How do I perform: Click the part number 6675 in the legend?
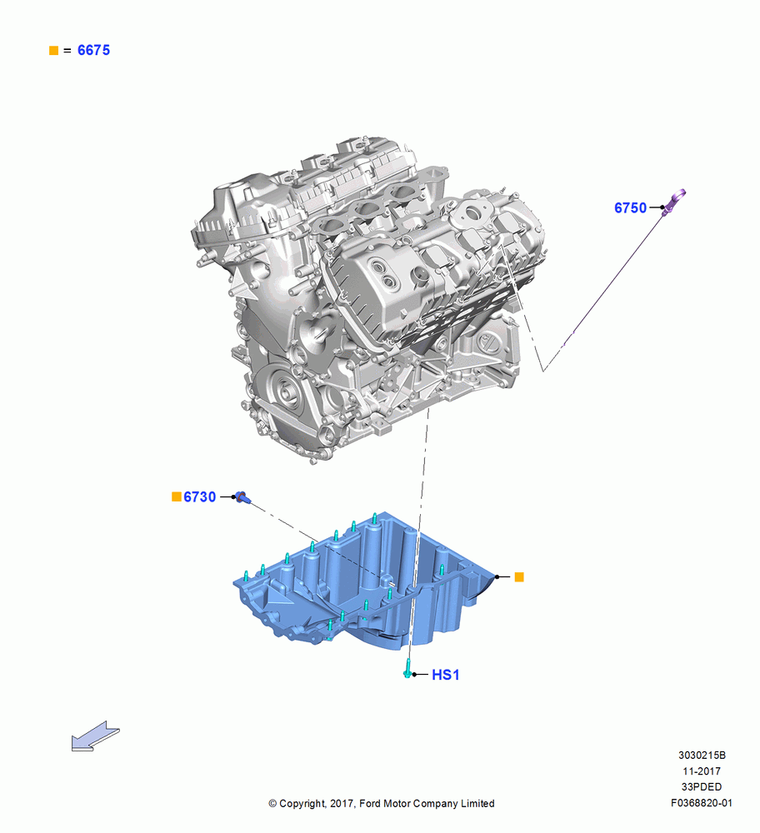click(93, 50)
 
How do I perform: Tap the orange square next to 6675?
click(53, 51)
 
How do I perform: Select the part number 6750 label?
click(630, 207)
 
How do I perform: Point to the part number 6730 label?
click(200, 496)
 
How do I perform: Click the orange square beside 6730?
click(177, 496)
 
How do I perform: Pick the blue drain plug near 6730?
click(243, 498)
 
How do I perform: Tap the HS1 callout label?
click(445, 675)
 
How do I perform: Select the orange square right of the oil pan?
click(519, 577)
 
